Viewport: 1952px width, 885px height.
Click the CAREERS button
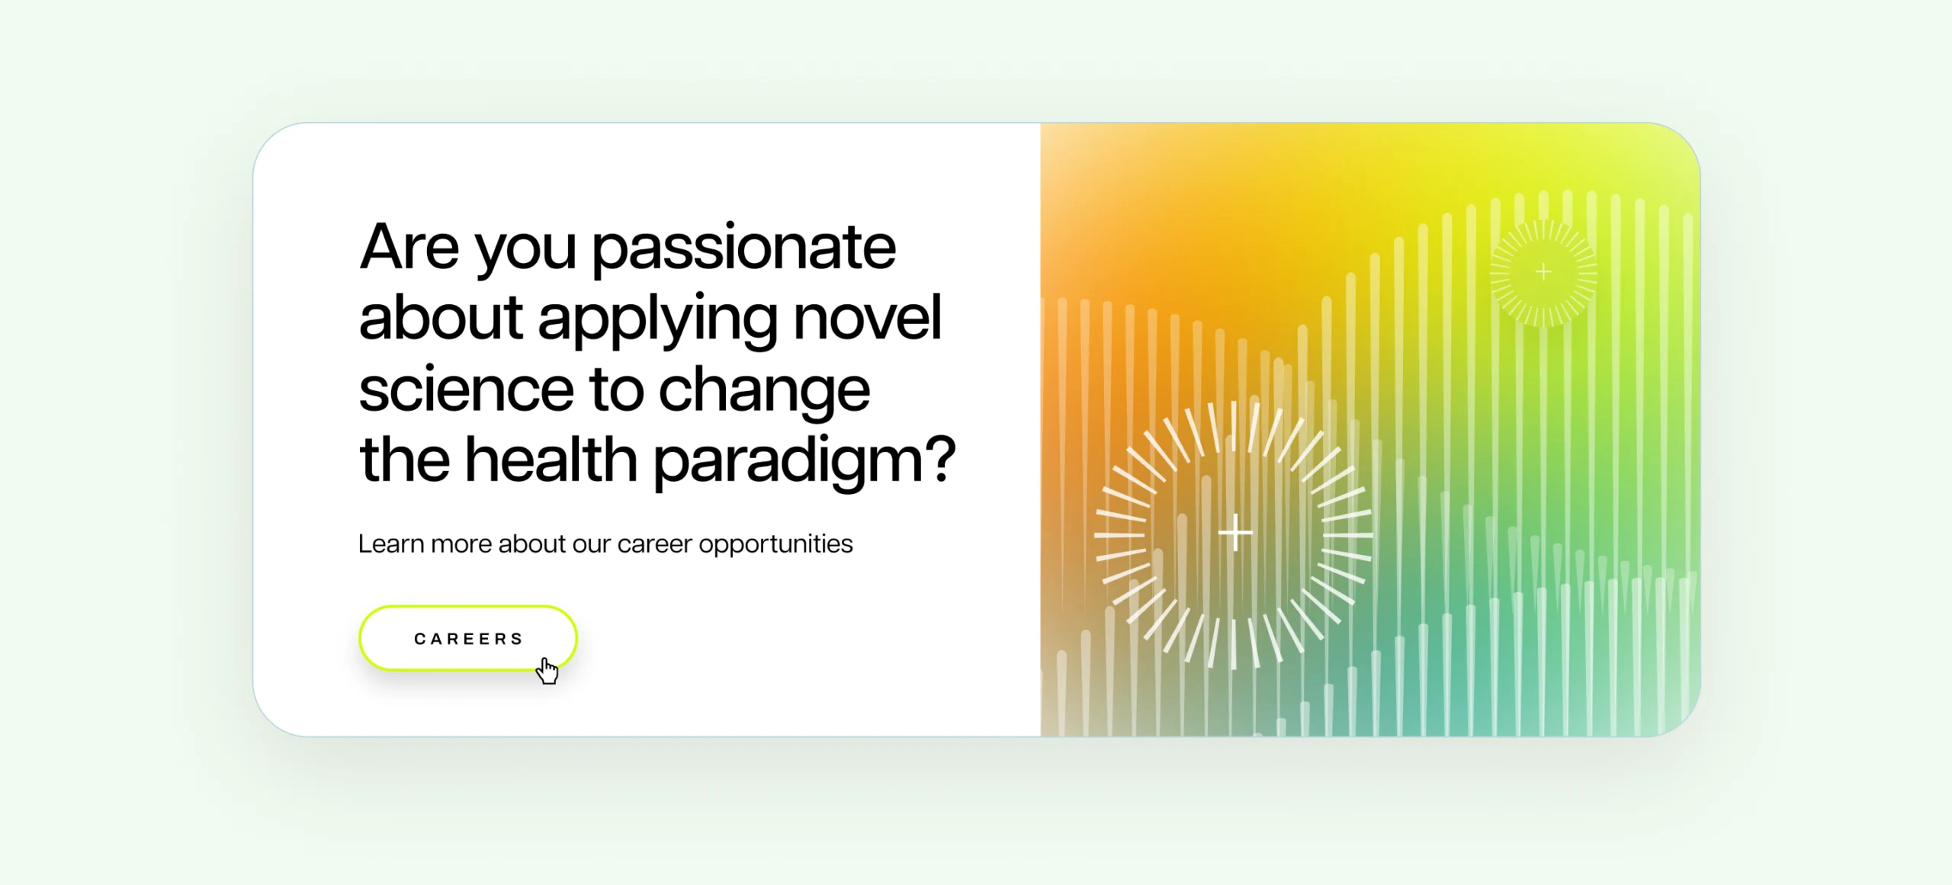467,638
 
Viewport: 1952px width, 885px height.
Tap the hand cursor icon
547,671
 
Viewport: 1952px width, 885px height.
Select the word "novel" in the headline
868,317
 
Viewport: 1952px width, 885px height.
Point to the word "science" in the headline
466,389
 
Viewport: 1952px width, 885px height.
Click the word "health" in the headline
551,459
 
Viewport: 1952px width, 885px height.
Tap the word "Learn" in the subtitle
390,544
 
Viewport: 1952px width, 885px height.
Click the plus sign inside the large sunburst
1234,532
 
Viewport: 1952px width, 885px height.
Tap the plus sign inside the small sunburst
1543,271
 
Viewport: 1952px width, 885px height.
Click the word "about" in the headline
441,317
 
